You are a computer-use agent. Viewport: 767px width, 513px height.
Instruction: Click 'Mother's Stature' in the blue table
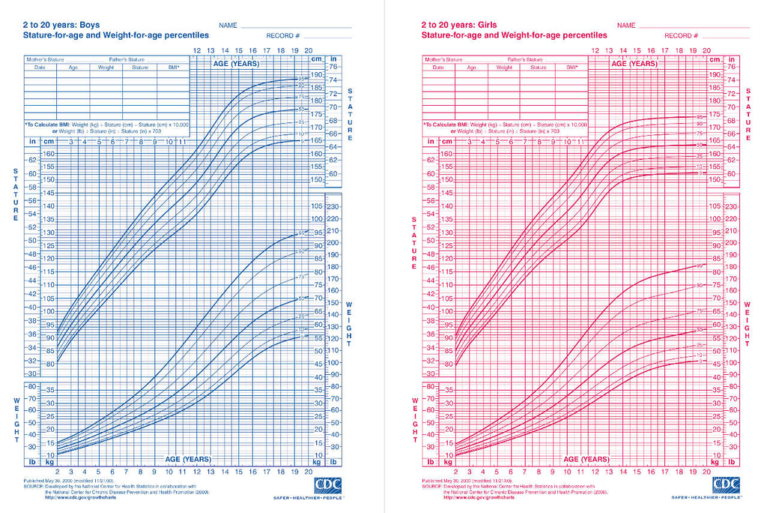[x=45, y=59]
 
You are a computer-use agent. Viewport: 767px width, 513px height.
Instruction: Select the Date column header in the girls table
[x=438, y=67]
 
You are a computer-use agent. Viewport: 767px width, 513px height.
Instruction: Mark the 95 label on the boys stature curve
[x=302, y=79]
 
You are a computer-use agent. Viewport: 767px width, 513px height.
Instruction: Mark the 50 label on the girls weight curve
[x=700, y=329]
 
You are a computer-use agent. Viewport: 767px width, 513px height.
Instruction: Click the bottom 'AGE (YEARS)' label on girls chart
[x=586, y=459]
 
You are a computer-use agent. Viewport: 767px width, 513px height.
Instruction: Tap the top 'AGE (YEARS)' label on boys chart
[x=236, y=64]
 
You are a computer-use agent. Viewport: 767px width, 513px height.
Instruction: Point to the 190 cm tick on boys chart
[x=317, y=75]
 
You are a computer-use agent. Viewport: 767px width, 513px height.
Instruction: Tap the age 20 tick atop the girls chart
[x=706, y=50]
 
